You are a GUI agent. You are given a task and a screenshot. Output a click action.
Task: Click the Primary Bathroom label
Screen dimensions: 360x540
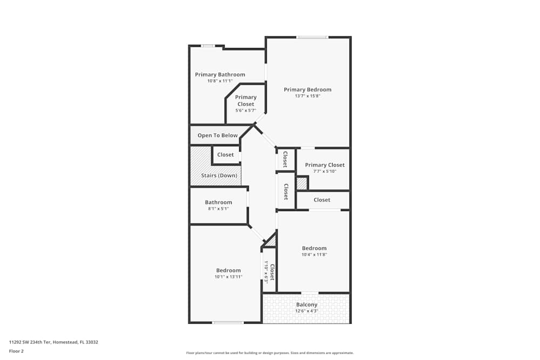[220, 74]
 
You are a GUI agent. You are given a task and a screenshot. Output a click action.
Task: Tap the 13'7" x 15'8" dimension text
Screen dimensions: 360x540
[308, 96]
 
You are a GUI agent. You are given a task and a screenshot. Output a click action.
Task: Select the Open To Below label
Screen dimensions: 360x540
[217, 135]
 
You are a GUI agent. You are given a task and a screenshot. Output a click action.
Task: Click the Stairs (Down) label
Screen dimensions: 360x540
[219, 175]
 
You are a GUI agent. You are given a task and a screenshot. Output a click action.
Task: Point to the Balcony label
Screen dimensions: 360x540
[307, 304]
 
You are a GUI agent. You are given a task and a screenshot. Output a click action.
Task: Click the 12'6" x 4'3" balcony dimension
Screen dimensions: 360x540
[307, 311]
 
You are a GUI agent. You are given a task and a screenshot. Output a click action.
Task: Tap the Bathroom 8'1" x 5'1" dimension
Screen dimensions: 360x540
[218, 209]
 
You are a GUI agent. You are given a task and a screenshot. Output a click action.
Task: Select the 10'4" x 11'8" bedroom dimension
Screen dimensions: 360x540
[314, 254]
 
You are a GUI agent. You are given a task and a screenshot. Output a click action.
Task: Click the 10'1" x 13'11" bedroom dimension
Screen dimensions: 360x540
[228, 277]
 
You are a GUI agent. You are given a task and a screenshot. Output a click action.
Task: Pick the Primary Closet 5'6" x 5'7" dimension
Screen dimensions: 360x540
[246, 110]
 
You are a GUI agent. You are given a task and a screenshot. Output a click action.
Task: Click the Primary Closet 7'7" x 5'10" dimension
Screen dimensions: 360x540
[325, 172]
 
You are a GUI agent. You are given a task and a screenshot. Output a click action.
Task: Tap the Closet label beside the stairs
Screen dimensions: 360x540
[225, 155]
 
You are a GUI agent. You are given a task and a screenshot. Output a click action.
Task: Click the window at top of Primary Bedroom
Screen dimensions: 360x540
[312, 37]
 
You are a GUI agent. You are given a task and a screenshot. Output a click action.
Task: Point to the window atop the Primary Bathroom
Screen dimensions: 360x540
[208, 46]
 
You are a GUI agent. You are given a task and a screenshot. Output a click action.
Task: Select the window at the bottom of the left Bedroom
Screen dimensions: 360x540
[228, 323]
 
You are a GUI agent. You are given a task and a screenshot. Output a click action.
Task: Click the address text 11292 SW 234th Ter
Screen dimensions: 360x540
[53, 342]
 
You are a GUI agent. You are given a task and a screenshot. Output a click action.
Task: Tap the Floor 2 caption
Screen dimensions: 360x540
[16, 351]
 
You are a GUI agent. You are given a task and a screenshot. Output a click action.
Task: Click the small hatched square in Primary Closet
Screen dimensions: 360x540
[301, 184]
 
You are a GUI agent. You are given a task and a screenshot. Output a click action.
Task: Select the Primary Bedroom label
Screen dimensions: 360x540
[308, 90]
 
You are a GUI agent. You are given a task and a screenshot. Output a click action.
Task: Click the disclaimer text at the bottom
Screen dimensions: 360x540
[270, 353]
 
